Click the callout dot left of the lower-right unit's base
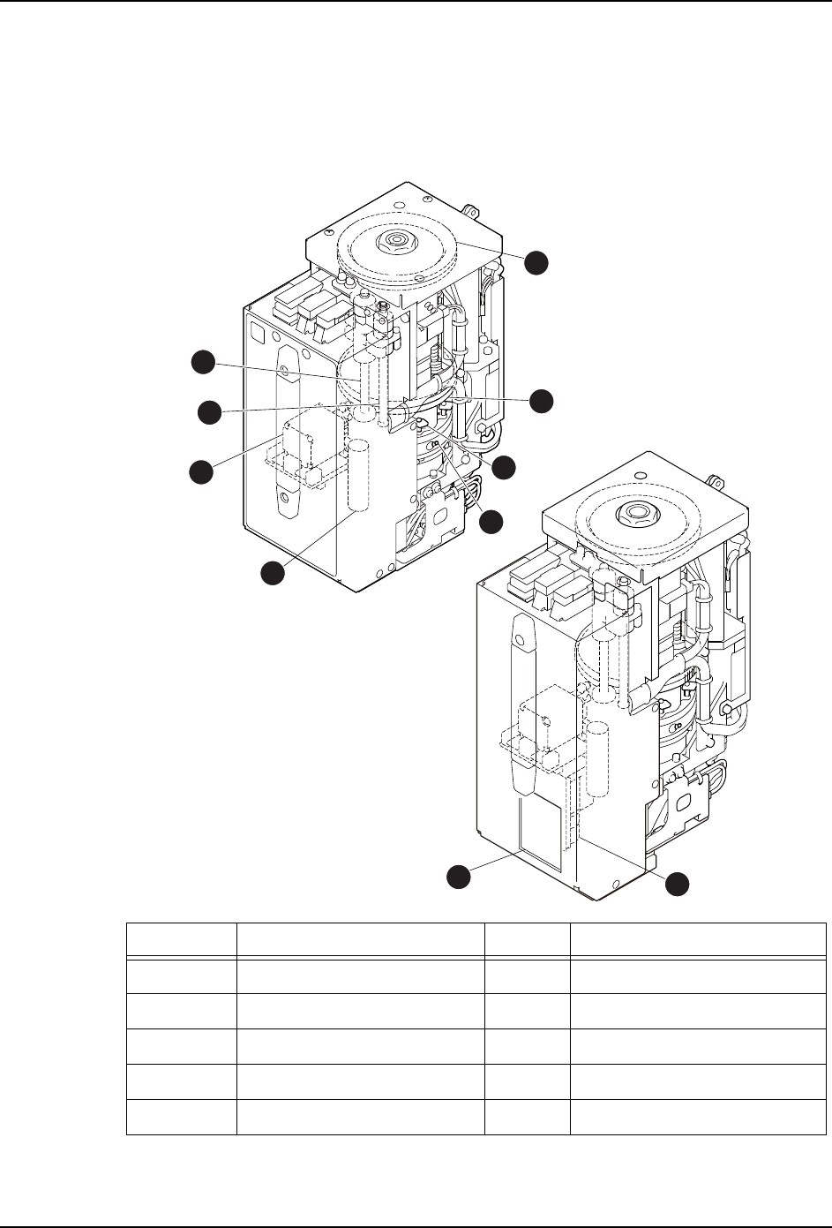click(x=457, y=876)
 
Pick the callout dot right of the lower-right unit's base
click(x=677, y=883)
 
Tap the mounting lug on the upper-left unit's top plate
click(x=469, y=211)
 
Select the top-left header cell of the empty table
click(x=181, y=938)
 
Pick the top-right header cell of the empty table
click(x=698, y=938)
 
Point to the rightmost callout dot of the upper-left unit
click(x=541, y=400)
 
